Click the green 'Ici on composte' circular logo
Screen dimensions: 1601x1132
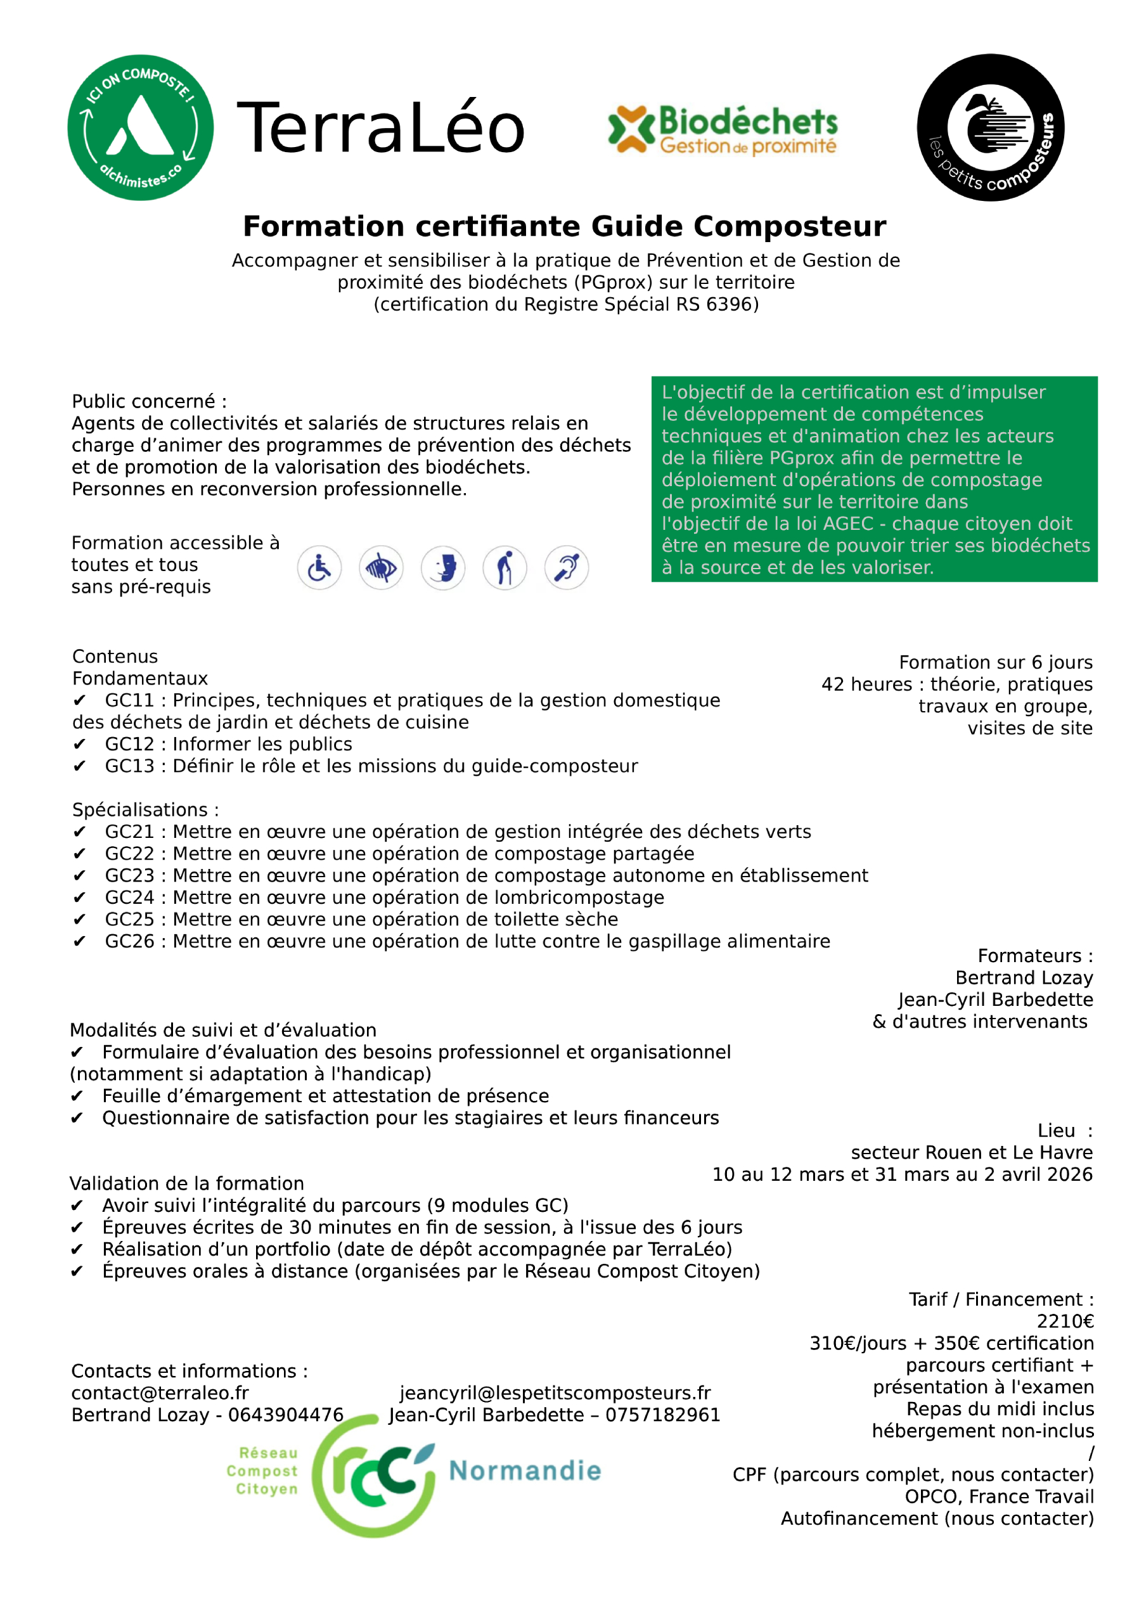140,127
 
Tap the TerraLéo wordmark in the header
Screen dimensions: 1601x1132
380,127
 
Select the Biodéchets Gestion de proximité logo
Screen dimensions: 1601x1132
722,129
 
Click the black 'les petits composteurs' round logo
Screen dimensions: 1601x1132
990,127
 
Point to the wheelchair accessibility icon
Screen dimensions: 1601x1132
319,568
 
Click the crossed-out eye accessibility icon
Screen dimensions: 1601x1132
381,568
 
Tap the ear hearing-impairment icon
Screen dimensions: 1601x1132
567,568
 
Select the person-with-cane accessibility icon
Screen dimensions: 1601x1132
505,568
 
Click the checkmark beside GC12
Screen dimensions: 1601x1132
79,745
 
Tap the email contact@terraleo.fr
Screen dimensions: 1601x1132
160,1393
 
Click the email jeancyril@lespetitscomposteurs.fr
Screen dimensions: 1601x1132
555,1393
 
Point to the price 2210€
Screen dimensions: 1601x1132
1064,1321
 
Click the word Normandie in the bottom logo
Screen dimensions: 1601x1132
525,1470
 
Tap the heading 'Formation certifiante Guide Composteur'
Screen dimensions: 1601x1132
564,227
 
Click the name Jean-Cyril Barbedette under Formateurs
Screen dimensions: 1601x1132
995,1000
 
